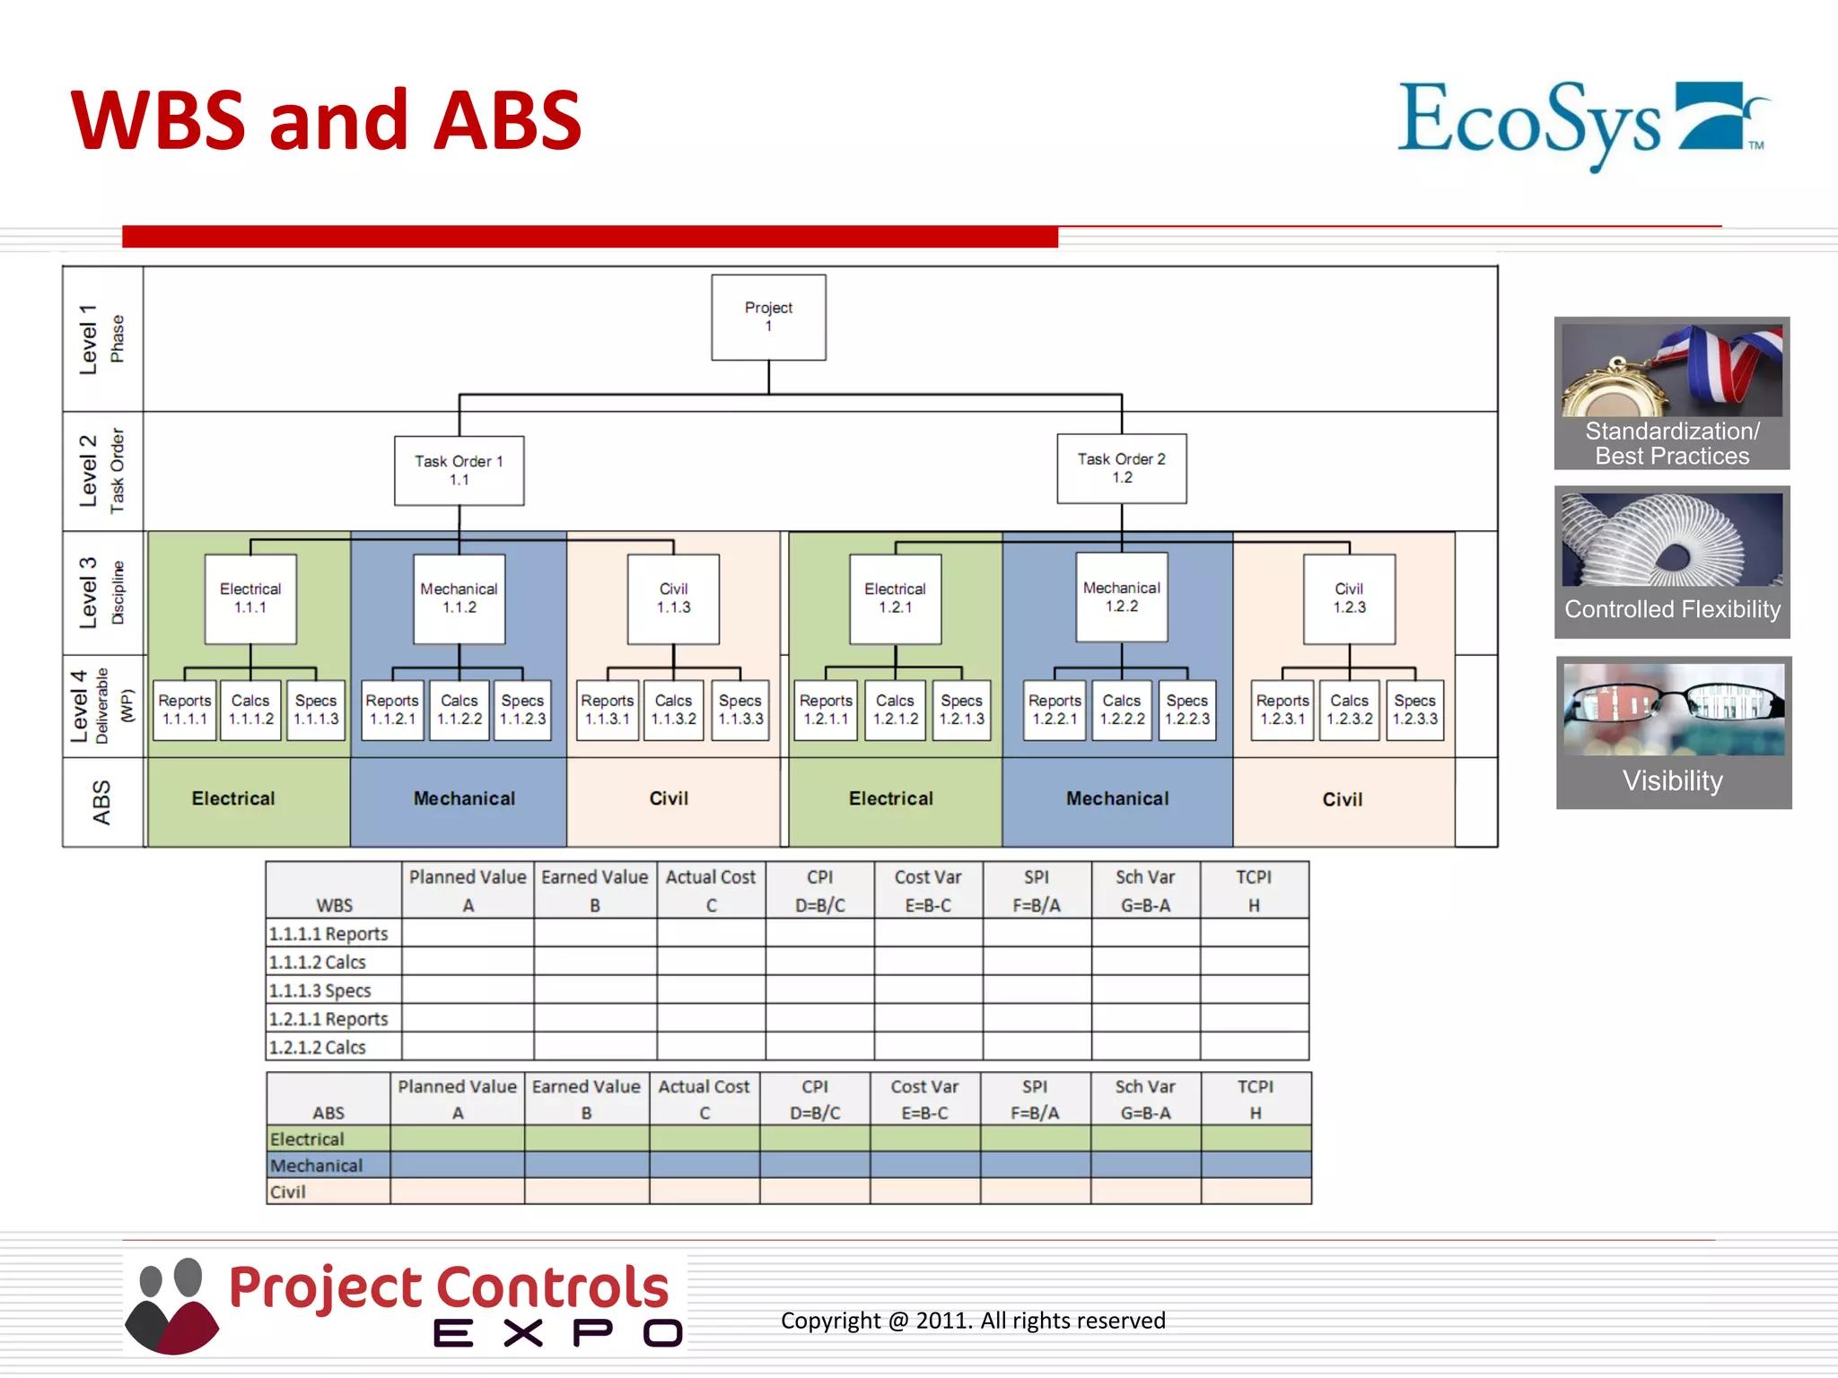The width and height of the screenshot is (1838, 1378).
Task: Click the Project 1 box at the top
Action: (768, 317)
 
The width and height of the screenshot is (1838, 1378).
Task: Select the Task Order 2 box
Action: (1121, 468)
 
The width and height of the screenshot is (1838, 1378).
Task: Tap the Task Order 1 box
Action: (459, 470)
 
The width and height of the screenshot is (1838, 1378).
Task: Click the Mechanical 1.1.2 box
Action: (459, 598)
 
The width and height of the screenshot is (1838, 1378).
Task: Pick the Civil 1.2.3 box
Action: (1349, 598)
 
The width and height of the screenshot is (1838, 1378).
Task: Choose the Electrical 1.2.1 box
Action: (895, 598)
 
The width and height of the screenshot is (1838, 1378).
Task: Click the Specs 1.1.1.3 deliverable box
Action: (316, 710)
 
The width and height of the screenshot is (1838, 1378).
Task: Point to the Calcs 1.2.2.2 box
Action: (1122, 710)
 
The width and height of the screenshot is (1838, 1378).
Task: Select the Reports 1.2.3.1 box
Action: (1282, 710)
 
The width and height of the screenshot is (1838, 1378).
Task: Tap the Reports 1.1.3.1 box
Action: (608, 710)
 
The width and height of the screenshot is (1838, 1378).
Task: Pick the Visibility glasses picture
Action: (1673, 709)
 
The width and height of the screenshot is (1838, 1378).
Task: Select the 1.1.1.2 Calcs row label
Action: (319, 963)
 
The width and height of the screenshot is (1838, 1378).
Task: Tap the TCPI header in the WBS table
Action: (1254, 890)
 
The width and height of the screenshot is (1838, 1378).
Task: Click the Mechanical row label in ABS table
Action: (317, 1165)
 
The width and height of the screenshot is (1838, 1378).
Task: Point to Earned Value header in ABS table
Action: (586, 1098)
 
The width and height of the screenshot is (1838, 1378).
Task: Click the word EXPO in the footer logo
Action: (556, 1333)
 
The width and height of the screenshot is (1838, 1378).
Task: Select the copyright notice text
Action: (973, 1321)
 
